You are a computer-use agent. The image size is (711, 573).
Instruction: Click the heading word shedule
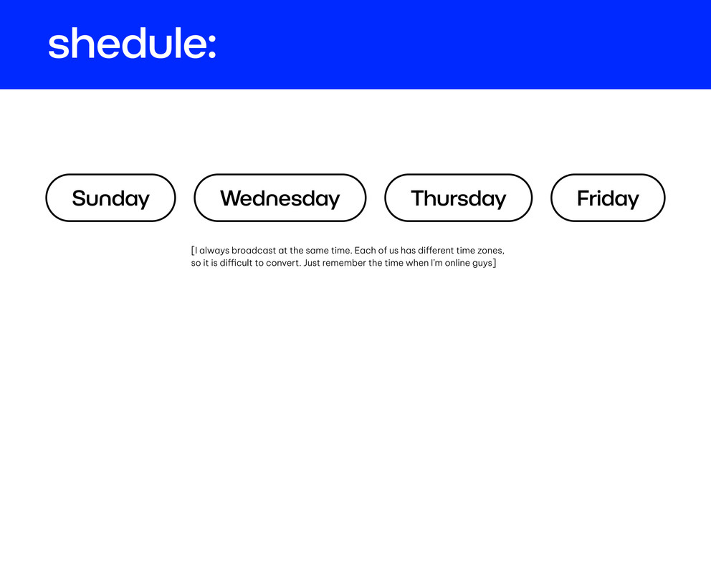[127, 43]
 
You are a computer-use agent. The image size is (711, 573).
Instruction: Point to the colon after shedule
[211, 47]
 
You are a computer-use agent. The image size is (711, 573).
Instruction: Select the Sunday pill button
[110, 198]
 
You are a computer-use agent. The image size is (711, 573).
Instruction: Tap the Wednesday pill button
[280, 198]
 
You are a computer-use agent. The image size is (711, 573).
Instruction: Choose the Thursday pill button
[459, 198]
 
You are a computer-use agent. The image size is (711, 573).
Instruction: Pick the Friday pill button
[608, 198]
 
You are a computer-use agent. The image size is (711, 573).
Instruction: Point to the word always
[214, 251]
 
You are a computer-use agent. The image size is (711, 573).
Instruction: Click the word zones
[491, 251]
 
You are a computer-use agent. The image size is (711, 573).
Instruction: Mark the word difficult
[236, 263]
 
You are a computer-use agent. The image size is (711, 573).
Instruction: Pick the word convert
[283, 263]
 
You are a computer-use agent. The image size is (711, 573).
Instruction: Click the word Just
[312, 263]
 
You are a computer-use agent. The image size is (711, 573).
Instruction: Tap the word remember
[344, 263]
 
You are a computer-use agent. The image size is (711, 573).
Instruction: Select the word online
[457, 263]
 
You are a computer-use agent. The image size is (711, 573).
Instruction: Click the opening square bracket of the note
[193, 251]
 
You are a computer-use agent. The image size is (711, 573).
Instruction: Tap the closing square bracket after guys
[495, 263]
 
